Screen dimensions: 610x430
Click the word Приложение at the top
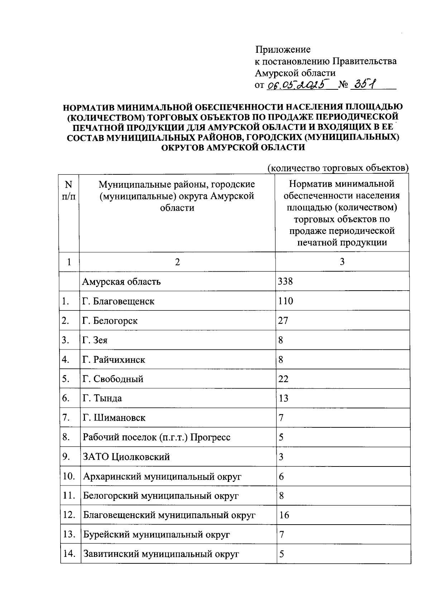pos(283,49)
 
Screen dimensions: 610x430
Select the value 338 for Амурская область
pos(285,281)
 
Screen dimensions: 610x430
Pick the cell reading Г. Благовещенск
pos(118,301)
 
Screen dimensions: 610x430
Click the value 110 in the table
pos(285,301)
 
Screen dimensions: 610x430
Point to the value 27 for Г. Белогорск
pos(283,320)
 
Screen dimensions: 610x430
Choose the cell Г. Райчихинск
pos(114,359)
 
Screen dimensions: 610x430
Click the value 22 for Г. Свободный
pos(283,379)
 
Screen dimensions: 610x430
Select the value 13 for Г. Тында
pos(283,398)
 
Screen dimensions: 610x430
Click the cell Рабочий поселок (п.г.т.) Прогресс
pos(157,437)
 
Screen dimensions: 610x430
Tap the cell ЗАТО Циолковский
pos(126,456)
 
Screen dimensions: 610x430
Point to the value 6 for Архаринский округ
pos(281,476)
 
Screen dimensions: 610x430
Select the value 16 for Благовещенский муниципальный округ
pos(284,515)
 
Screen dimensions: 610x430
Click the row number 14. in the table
pos(69,554)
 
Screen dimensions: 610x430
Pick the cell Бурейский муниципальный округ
pos(156,534)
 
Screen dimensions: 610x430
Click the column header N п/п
pos(68,190)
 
